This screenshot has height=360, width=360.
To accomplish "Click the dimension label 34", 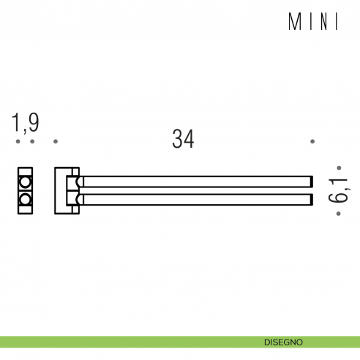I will (x=183, y=138).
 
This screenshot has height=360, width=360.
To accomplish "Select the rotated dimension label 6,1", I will (x=338, y=191).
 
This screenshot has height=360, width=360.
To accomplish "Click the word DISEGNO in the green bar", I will (x=285, y=342).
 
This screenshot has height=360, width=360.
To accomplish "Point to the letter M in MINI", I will (x=296, y=23).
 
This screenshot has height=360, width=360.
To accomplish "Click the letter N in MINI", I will (x=323, y=23).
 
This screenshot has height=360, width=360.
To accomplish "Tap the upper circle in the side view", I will (x=26, y=181).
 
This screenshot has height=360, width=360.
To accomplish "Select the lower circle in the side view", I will (x=26, y=199).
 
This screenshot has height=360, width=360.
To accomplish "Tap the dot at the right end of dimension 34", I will (x=312, y=140).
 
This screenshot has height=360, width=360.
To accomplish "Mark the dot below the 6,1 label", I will (x=338, y=214).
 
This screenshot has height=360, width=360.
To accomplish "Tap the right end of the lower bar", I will (x=310, y=198).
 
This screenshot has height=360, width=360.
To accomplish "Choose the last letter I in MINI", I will (x=337, y=23).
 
